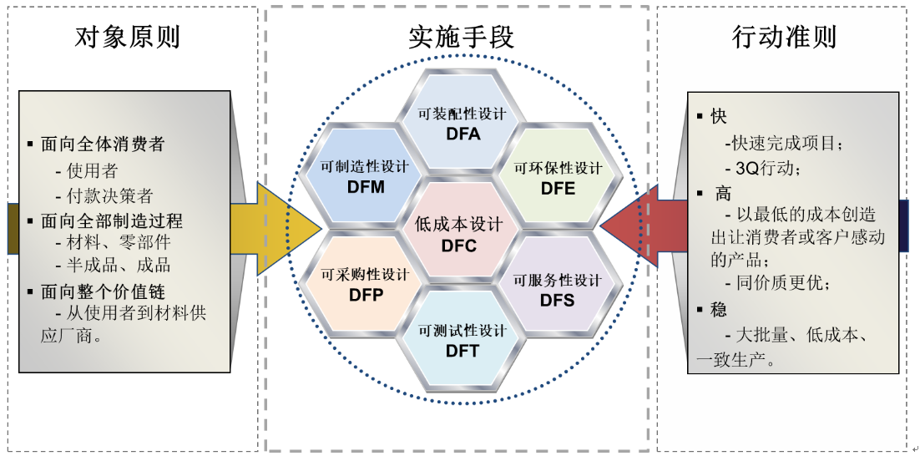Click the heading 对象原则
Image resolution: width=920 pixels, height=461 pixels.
click(x=127, y=38)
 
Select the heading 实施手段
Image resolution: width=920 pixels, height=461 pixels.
click(x=461, y=38)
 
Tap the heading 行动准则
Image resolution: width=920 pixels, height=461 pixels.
click(x=783, y=38)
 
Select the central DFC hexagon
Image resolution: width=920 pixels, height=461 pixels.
click(x=459, y=235)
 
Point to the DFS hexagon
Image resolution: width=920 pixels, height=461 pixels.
click(x=557, y=289)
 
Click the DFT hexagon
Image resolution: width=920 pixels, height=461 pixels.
click(x=462, y=341)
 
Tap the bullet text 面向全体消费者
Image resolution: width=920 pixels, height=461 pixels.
click(x=103, y=144)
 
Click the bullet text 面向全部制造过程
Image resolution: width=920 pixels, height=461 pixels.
click(x=111, y=221)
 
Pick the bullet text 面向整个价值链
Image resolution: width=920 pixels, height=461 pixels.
click(x=103, y=291)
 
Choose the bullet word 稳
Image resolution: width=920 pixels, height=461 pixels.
click(x=719, y=310)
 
